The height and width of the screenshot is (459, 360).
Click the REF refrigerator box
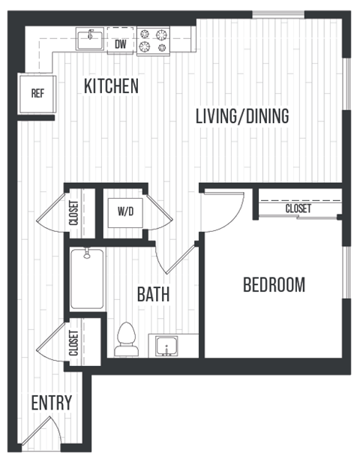[x=36, y=94]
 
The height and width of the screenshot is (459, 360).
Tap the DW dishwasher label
[x=120, y=44]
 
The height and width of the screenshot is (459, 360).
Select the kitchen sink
[x=90, y=38]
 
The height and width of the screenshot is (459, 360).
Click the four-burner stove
[x=154, y=40]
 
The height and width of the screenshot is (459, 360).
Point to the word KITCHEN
[x=111, y=86]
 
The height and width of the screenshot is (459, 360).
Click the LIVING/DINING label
[x=241, y=116]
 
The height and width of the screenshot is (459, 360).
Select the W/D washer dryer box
[x=124, y=211]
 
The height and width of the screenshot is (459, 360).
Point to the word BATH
[x=152, y=295]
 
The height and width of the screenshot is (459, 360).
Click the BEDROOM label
[x=274, y=285]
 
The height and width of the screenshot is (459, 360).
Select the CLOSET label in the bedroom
[x=298, y=208]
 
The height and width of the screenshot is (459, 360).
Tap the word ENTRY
[x=52, y=403]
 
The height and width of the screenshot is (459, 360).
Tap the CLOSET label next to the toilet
[x=73, y=342]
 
